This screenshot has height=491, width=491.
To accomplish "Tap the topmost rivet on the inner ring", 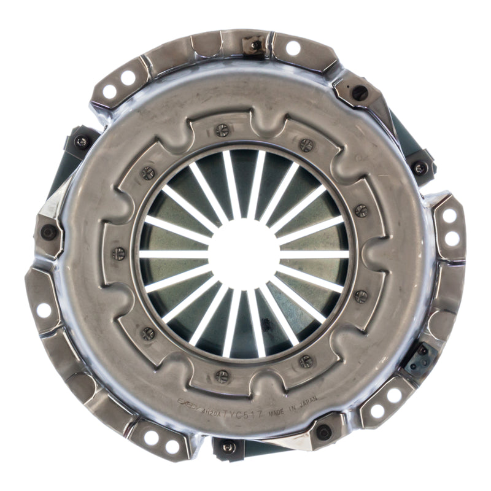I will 222,130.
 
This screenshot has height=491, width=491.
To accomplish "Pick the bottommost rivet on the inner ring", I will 222,376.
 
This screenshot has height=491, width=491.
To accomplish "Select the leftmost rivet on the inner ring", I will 119,253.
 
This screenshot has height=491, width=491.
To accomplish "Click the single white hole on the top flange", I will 293,48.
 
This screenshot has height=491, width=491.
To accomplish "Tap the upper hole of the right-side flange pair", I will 450,215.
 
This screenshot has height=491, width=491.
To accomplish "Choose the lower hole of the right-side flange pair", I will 452,239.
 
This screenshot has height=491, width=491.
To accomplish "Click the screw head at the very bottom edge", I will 228,447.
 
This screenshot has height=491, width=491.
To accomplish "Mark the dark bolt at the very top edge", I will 256,44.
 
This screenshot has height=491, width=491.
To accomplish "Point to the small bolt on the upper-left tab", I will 82,142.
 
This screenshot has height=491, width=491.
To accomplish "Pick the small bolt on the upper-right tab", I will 420,168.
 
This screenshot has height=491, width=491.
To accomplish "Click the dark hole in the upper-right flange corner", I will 360,93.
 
